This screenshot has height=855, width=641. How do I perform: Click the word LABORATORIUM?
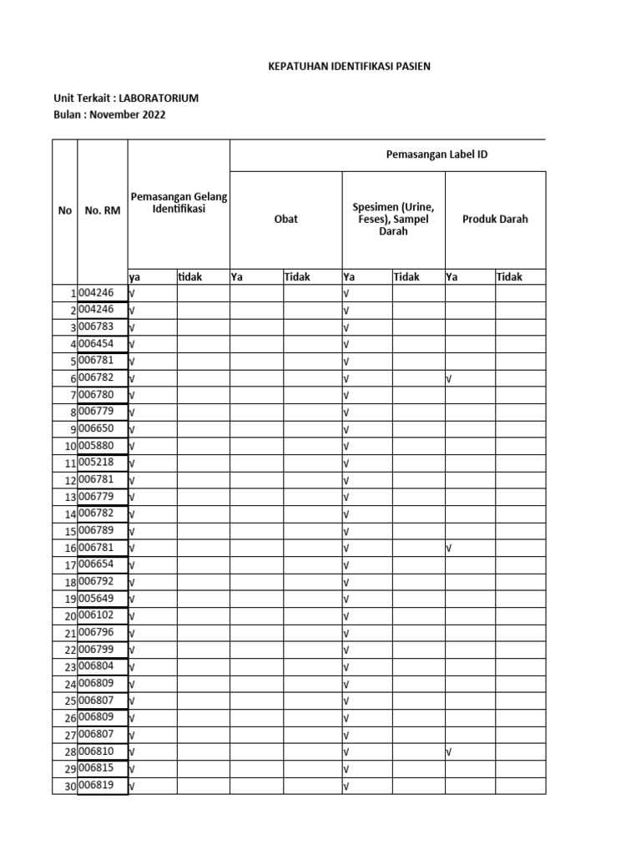[x=159, y=99]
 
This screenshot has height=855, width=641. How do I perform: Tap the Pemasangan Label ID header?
[x=437, y=154]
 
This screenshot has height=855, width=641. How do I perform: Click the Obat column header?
[x=285, y=220]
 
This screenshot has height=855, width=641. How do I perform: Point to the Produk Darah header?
[x=495, y=220]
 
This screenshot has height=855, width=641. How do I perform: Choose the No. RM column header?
[x=102, y=211]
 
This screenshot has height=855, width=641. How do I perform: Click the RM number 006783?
[x=96, y=326]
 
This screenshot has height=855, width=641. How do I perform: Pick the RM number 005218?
[x=96, y=463]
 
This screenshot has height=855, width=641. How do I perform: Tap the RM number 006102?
[x=96, y=615]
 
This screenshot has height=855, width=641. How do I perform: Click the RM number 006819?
[x=96, y=786]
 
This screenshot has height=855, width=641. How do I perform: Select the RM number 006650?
[x=96, y=428]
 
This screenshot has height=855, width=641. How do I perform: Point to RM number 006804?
[x=96, y=666]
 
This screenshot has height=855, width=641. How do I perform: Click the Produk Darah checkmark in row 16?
[x=449, y=549]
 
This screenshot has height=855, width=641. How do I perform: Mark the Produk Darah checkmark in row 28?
[x=449, y=752]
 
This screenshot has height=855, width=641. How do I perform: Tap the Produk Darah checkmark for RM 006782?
[x=449, y=378]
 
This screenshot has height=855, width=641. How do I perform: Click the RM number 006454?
[x=96, y=343]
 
